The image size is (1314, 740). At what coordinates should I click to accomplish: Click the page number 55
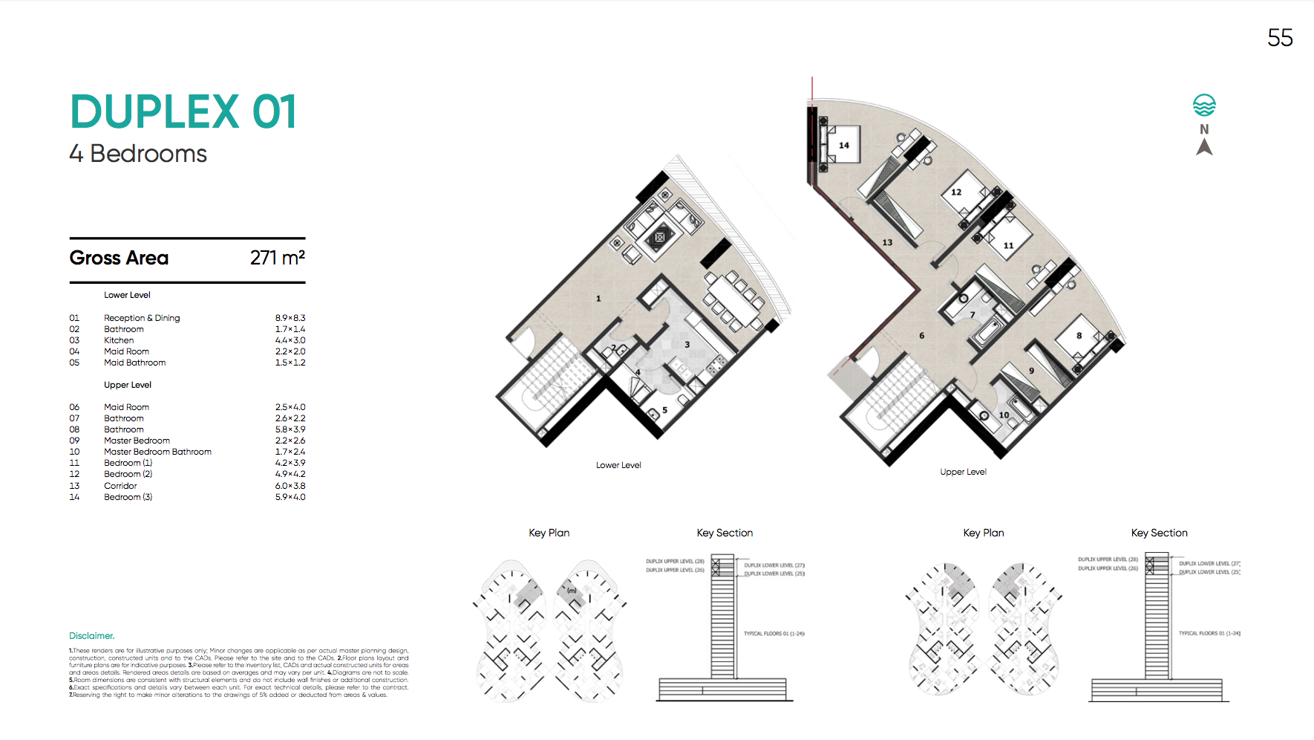[x=1280, y=38]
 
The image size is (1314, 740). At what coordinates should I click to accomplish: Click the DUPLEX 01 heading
[x=183, y=112]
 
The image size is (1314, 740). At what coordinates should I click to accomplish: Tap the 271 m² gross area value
[x=277, y=258]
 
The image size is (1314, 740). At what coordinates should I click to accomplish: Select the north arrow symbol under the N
[x=1204, y=147]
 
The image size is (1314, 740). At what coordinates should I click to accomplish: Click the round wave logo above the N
[x=1204, y=106]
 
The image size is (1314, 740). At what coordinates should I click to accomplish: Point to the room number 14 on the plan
[x=844, y=146]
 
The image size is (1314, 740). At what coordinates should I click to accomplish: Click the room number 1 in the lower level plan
[x=598, y=299]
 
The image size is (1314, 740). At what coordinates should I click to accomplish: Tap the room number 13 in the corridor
[x=887, y=243]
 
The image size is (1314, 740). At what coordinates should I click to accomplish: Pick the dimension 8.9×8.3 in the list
[x=290, y=318]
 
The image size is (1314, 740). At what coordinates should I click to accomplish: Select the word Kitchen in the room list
[x=119, y=340]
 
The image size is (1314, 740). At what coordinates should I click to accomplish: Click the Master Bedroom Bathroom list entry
[x=157, y=452]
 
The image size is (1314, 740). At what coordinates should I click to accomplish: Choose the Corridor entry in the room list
[x=120, y=486]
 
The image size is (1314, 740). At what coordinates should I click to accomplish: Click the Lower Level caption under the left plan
[x=618, y=465]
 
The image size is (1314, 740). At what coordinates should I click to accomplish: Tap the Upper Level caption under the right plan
[x=963, y=472]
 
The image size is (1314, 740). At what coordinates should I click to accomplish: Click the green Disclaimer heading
[x=91, y=636]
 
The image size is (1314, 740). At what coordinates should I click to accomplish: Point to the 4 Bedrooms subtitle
[x=138, y=154]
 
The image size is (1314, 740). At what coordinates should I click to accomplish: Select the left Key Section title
[x=725, y=533]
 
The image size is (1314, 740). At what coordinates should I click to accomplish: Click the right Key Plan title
[x=983, y=533]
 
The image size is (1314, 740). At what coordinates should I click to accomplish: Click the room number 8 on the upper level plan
[x=1079, y=336]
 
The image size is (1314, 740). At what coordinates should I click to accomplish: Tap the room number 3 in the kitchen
[x=687, y=345]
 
